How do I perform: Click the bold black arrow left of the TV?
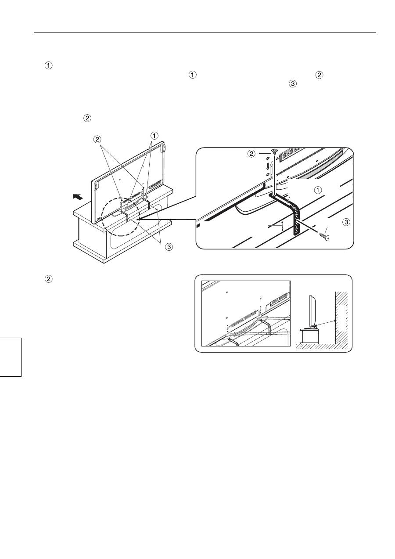[78, 197]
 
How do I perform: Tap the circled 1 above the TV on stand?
[154, 136]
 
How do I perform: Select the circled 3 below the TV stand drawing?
[169, 247]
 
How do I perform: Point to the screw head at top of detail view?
[274, 151]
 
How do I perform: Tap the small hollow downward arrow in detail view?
[268, 166]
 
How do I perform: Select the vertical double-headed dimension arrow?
[282, 226]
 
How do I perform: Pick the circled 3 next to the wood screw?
[346, 222]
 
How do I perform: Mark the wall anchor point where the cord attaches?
[334, 321]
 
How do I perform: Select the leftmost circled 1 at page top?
[49, 65]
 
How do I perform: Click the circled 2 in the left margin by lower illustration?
[49, 279]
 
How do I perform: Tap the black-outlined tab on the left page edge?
[11, 357]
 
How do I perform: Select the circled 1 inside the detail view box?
[317, 190]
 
